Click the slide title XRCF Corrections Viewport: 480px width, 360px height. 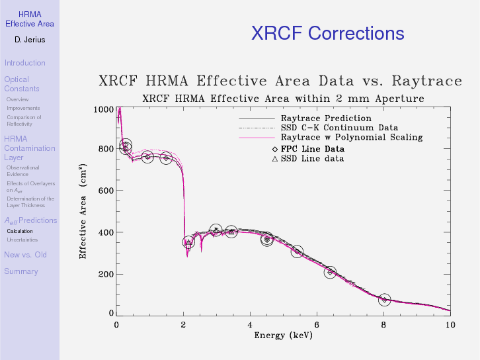(x=327, y=34)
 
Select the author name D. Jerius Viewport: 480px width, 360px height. (x=29, y=40)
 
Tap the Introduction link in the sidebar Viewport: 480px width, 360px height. (x=24, y=63)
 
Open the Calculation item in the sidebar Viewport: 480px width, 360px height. (x=19, y=231)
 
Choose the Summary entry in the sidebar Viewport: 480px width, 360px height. (x=20, y=271)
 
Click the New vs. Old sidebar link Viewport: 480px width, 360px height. (x=25, y=255)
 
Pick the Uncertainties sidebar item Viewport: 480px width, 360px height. (x=22, y=240)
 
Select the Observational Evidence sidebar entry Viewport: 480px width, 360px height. (x=22, y=171)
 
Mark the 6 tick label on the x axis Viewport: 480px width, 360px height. (x=317, y=324)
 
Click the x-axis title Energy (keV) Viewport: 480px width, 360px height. (x=283, y=335)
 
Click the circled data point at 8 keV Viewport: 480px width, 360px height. (x=384, y=300)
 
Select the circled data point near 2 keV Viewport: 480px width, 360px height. (x=188, y=242)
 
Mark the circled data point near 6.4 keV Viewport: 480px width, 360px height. (x=331, y=272)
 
